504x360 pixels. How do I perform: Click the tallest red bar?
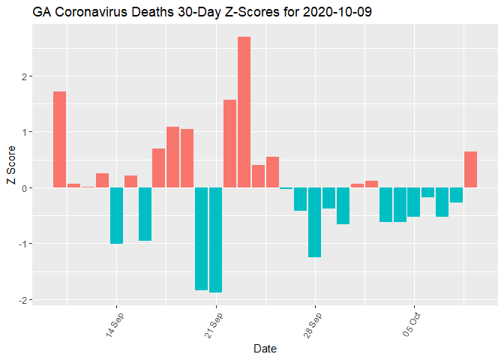(x=244, y=112)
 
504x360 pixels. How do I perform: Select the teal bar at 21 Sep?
(x=216, y=240)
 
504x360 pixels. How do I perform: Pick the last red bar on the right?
(x=470, y=169)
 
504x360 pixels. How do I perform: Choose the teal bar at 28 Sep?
(x=314, y=223)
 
